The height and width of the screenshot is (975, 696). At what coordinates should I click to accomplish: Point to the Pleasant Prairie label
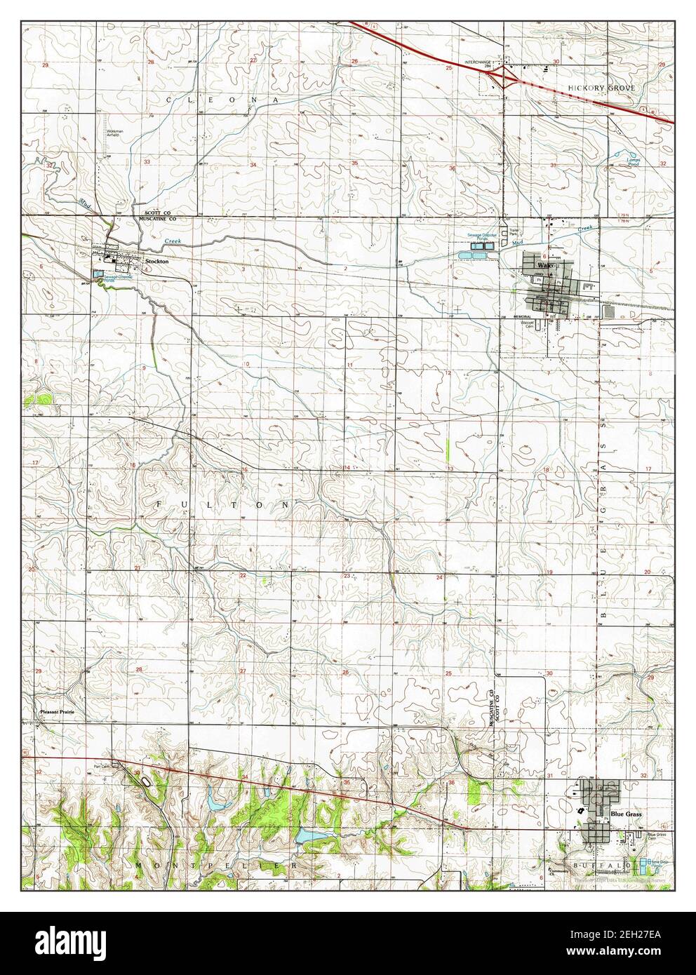57,712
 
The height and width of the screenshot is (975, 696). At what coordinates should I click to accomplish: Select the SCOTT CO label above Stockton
159,212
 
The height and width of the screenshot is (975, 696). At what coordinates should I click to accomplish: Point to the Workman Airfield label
115,133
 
